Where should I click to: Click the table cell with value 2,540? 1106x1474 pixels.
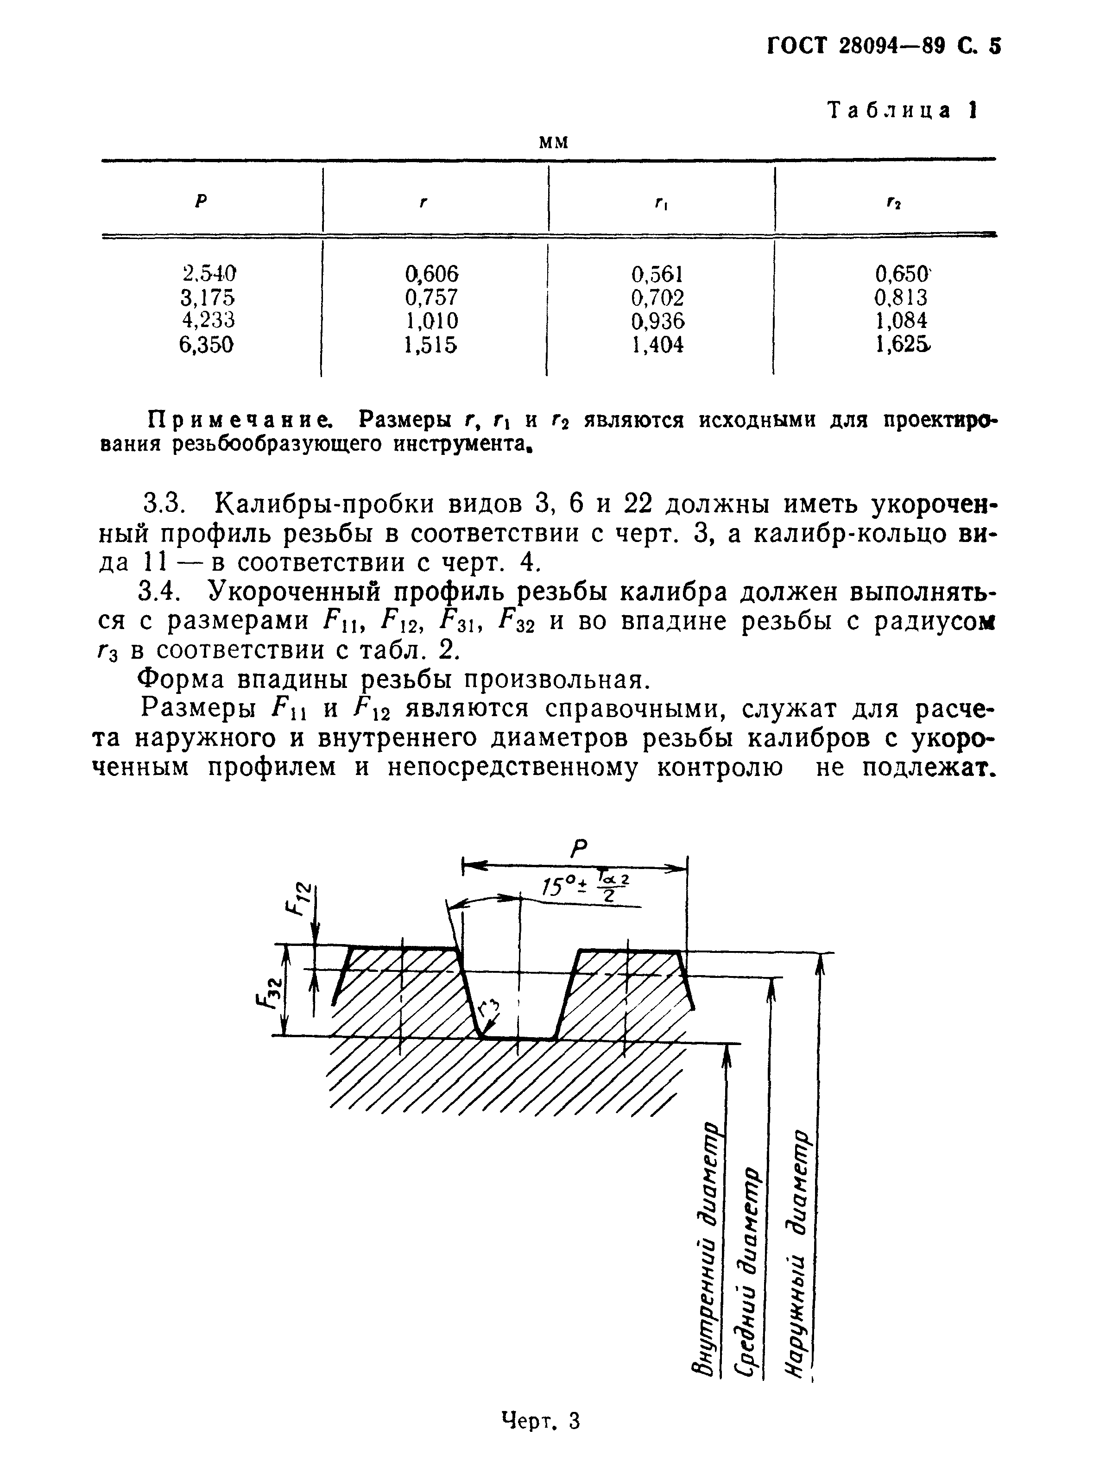pos(209,273)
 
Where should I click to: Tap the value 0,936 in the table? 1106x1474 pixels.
pos(657,321)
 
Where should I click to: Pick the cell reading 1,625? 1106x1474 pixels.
pos(902,345)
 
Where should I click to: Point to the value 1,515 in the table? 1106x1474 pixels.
pos(432,345)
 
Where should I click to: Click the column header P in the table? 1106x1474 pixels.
pos(201,201)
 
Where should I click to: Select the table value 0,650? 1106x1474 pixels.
pos(902,273)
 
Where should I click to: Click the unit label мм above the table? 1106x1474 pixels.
pos(553,141)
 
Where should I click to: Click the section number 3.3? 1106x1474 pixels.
pos(164,504)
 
